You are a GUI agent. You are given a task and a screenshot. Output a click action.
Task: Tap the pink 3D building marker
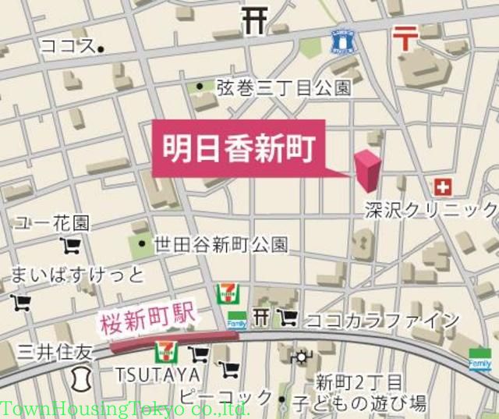[367, 169]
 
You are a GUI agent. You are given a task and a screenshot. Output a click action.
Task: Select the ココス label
[67, 46]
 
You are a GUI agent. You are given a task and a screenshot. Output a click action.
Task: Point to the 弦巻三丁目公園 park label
[284, 87]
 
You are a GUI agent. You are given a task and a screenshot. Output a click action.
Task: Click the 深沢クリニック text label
[431, 209]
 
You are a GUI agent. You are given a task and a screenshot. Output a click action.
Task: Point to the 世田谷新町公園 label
[221, 244]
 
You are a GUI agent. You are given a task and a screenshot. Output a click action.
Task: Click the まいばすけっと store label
[77, 275]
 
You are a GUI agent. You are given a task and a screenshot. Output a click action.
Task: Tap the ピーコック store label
[226, 396]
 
